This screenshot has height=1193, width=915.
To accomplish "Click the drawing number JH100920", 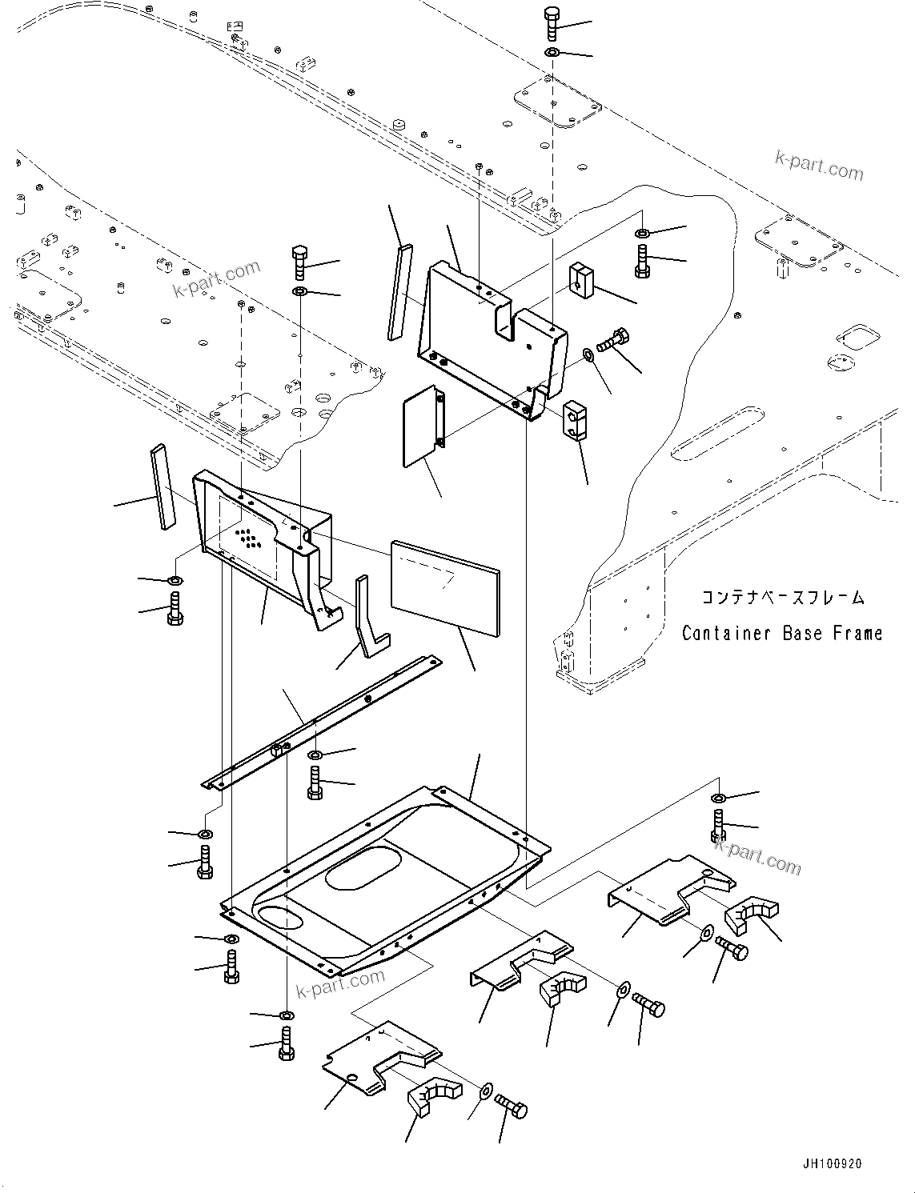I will click(829, 1164).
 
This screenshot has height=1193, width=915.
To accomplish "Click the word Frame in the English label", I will click(857, 633).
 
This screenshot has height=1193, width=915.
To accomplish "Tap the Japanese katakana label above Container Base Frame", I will click(782, 598).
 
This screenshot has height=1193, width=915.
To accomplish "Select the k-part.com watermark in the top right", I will click(819, 165).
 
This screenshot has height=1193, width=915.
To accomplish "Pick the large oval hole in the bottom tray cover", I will click(364, 868).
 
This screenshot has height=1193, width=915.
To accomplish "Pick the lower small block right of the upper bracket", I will click(575, 421).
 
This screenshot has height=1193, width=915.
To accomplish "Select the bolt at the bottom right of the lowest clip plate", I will click(512, 1109).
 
